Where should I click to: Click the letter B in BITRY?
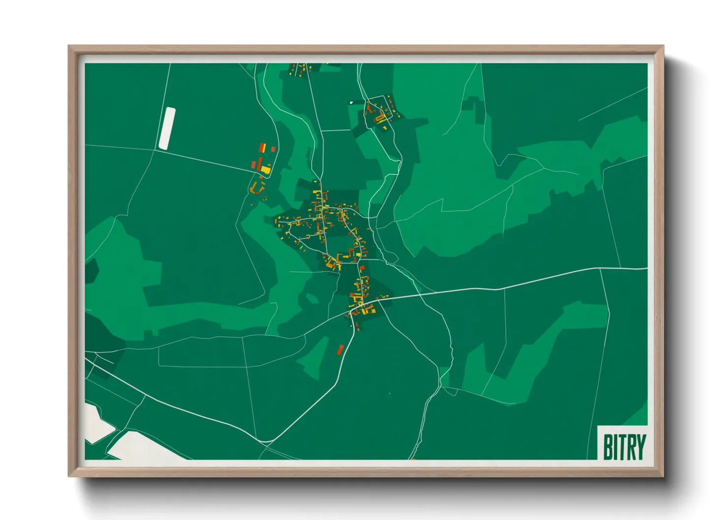[x=608, y=447]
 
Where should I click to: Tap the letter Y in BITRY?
[x=640, y=447]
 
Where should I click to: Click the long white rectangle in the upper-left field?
[x=167, y=128]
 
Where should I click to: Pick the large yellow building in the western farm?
[x=266, y=170]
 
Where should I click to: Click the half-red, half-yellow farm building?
[x=263, y=147]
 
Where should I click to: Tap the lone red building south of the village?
[x=340, y=349]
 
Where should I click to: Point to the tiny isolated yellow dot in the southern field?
[x=390, y=394]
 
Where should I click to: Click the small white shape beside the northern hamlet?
[x=351, y=102]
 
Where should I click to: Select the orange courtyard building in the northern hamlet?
[x=379, y=118]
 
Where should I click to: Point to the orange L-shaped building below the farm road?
[x=255, y=188]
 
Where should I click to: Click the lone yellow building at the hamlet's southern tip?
[x=385, y=128]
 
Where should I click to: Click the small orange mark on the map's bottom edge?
[x=413, y=459]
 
